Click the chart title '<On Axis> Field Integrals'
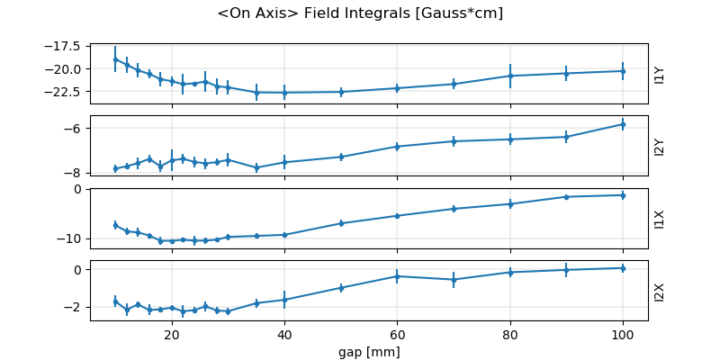pos(360,13)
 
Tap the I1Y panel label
pos(659,74)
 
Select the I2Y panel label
pos(659,147)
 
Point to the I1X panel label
pos(659,219)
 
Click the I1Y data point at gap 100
pos(623,71)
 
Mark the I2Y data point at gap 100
pos(623,124)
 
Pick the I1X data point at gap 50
pos(341,223)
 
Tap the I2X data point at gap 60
pos(397,276)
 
